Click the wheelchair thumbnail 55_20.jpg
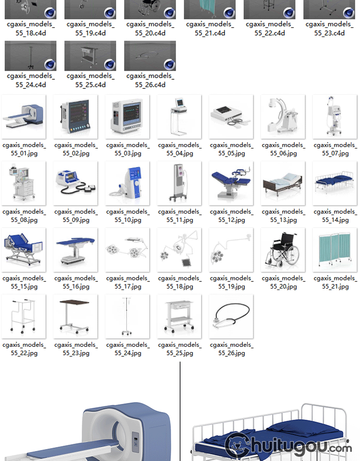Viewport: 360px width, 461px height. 283,250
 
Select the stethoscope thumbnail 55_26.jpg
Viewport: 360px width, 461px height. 231,316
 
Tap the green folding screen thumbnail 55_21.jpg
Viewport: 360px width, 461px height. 335,250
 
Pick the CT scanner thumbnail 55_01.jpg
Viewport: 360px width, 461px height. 24,117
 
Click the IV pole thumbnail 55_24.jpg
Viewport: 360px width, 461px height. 127,316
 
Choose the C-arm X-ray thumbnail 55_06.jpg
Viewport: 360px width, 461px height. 283,117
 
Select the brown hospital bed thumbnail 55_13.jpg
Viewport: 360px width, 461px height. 283,183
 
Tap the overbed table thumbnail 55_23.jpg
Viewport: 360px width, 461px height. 75,316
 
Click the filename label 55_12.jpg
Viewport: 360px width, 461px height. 231,216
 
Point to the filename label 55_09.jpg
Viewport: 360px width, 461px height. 76,216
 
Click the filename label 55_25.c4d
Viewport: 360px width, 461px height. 90,80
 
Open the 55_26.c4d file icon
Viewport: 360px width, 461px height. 150,56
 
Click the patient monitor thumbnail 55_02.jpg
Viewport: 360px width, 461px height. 75,117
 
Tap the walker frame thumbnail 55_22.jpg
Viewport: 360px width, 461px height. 24,316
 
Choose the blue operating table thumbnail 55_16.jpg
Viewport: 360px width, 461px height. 75,250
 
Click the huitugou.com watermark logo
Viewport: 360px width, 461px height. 288,447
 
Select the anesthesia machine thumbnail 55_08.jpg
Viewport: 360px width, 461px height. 24,183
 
